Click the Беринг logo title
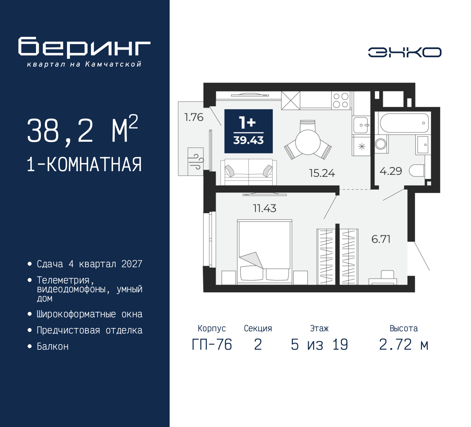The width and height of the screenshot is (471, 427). pyautogui.click(x=84, y=47)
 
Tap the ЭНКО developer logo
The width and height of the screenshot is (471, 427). pyautogui.click(x=404, y=52)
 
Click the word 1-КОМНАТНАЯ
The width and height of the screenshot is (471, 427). pyautogui.click(x=84, y=165)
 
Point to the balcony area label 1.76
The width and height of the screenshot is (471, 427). pyautogui.click(x=194, y=117)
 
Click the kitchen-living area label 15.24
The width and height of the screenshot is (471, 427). pyautogui.click(x=322, y=173)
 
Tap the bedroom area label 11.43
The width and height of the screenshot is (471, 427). pyautogui.click(x=265, y=208)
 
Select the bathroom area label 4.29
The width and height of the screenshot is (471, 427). pyautogui.click(x=391, y=171)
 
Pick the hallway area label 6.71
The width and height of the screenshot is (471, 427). pyautogui.click(x=381, y=239)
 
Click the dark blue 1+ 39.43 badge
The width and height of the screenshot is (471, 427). pyautogui.click(x=248, y=131)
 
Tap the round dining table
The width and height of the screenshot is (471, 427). pyautogui.click(x=308, y=142)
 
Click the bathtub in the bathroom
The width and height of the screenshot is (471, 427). pyautogui.click(x=404, y=123)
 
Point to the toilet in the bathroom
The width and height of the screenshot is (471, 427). pyautogui.click(x=417, y=170)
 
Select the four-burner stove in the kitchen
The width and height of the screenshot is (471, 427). pyautogui.click(x=340, y=100)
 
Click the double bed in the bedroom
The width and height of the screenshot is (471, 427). pyautogui.click(x=265, y=252)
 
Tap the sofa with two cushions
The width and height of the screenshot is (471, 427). pyautogui.click(x=248, y=172)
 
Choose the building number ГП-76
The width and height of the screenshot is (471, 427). pyautogui.click(x=212, y=345)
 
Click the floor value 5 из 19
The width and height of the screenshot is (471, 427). pyautogui.click(x=319, y=345)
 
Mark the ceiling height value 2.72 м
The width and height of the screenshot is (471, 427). pyautogui.click(x=404, y=345)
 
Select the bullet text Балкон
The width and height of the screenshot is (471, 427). pyautogui.click(x=53, y=346)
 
